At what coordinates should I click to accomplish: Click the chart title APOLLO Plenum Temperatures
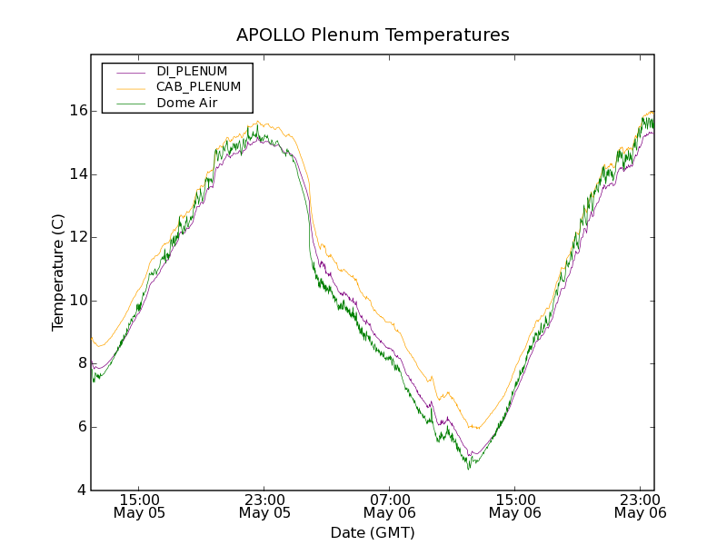point(373,35)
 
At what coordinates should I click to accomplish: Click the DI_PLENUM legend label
point(192,71)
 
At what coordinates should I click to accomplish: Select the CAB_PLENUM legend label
point(198,86)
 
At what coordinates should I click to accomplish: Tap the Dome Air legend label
point(186,103)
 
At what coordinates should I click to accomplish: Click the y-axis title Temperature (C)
point(58,272)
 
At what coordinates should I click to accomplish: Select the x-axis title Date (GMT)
point(373,532)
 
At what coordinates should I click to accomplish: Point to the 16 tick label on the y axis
point(78,111)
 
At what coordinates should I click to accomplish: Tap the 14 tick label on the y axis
point(78,174)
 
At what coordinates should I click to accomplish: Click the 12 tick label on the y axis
point(78,237)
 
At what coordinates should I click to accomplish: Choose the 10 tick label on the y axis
point(78,301)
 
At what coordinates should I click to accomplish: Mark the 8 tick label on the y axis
point(82,363)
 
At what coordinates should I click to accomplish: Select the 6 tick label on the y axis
point(82,427)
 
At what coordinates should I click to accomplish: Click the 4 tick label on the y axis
point(82,490)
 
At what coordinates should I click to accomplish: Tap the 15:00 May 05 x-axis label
point(139,506)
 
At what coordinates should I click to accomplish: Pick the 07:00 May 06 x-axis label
point(390,506)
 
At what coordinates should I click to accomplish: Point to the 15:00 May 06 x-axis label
point(515,506)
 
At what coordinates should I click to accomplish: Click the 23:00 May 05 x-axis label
point(264,506)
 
